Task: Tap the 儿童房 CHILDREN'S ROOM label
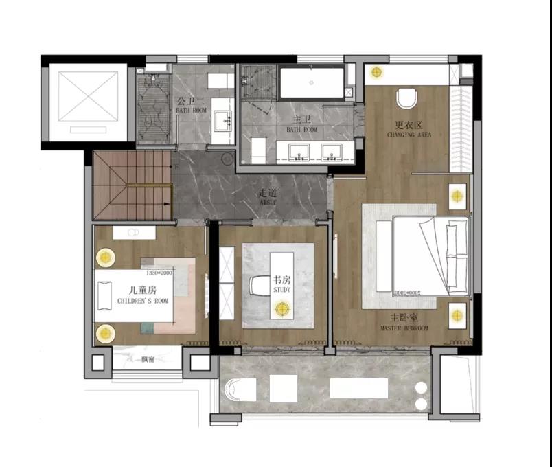pyautogui.click(x=142, y=295)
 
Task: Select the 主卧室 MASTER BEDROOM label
pyautogui.click(x=404, y=323)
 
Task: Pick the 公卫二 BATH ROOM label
pyautogui.click(x=190, y=103)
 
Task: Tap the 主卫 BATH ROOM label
pyautogui.click(x=301, y=124)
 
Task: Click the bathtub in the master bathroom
pyautogui.click(x=311, y=83)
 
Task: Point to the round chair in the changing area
pyautogui.click(x=406, y=98)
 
